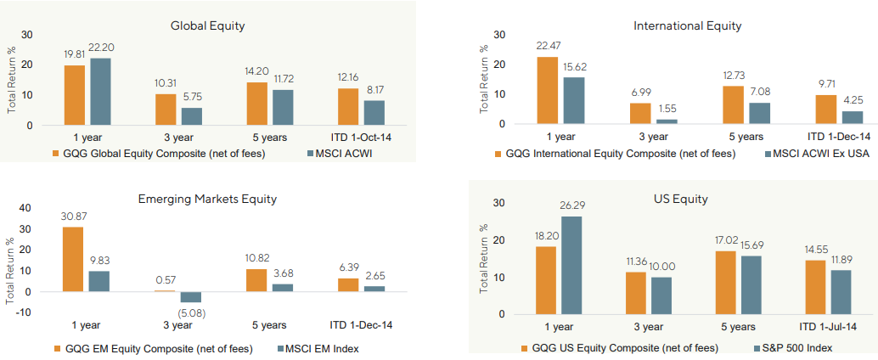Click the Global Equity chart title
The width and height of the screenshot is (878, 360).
tap(207, 25)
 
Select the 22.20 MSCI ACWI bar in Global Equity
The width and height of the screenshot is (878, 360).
tap(100, 92)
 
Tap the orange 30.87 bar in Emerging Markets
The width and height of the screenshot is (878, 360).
tap(73, 259)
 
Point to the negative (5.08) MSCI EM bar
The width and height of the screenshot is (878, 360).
tap(191, 297)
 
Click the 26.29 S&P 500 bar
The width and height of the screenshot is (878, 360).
tap(571, 265)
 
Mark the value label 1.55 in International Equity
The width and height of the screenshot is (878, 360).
tap(666, 109)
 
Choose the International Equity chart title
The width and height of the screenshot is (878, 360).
tap(687, 25)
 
